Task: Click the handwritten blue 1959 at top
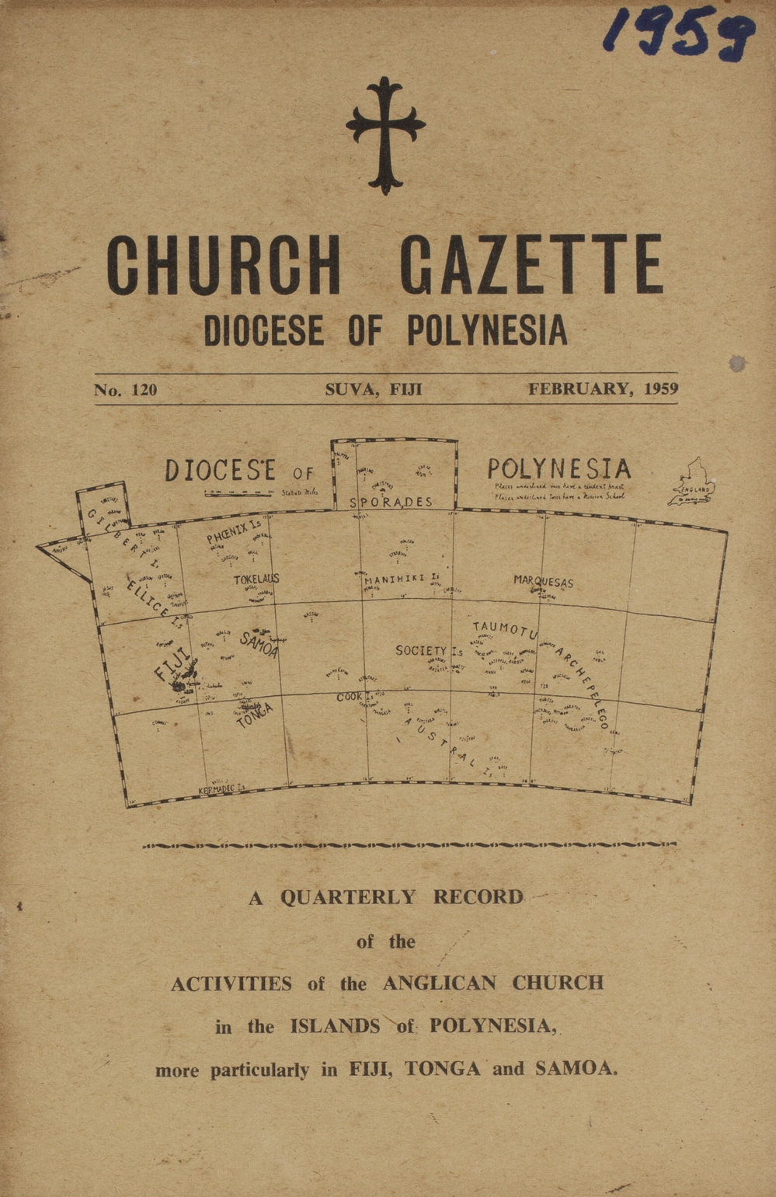pos(679,35)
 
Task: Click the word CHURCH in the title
pos(224,266)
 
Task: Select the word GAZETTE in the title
pos(532,266)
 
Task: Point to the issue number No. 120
pos(126,390)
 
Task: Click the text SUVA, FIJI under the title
pos(374,389)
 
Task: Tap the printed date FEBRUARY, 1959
pos(603,388)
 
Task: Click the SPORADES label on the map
pos(391,503)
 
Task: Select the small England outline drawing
pos(694,483)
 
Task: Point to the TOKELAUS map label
pos(256,579)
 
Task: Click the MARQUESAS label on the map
pos(543,581)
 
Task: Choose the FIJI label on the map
pos(172,665)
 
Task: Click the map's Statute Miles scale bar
pos(240,492)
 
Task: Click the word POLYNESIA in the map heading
pos(559,469)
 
